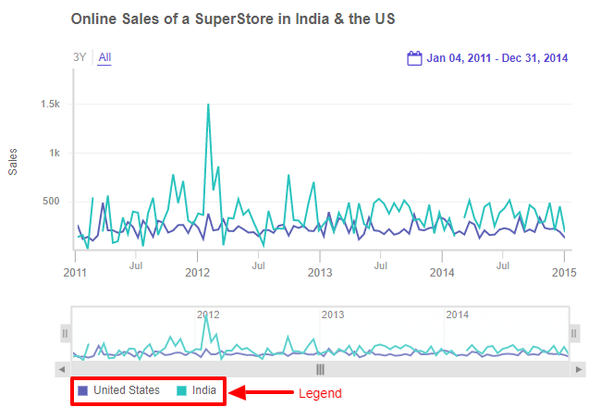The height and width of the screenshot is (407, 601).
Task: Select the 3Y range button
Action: click(80, 57)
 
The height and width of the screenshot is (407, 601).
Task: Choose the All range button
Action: click(104, 57)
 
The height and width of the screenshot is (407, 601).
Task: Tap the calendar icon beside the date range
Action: click(415, 58)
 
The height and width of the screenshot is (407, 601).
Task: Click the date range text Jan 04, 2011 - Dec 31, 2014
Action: click(497, 58)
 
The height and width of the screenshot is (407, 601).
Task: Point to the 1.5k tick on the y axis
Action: click(50, 105)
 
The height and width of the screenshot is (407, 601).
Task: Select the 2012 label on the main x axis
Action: click(198, 273)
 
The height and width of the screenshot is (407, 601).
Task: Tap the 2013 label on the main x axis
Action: click(320, 273)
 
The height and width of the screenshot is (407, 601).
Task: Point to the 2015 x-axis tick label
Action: click(564, 273)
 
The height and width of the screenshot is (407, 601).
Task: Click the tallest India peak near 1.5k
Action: click(208, 105)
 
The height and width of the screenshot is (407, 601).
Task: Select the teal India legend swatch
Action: click(181, 390)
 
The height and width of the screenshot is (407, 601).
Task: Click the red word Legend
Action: click(320, 393)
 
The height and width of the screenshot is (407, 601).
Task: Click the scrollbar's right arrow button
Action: click(579, 369)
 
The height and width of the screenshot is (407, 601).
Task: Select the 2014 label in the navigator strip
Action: click(457, 314)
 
